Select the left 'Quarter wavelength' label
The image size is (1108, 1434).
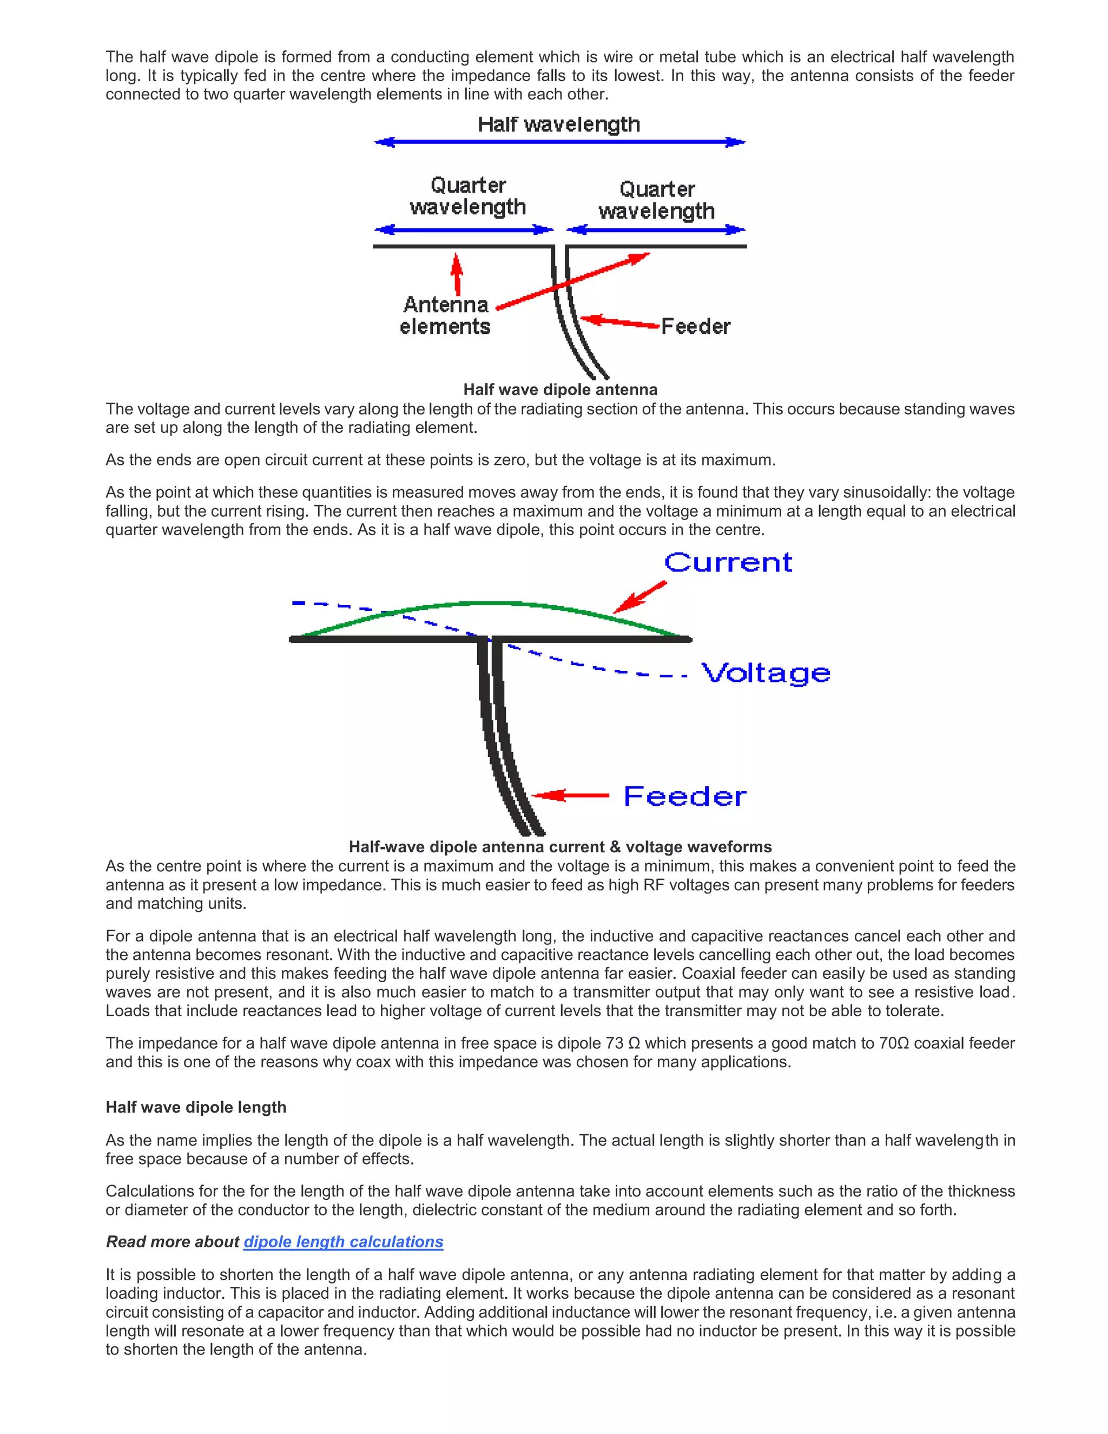click(x=467, y=196)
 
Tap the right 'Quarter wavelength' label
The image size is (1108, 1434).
click(x=656, y=200)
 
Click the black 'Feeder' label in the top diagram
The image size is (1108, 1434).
click(x=695, y=326)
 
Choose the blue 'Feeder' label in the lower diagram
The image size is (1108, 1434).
click(x=684, y=796)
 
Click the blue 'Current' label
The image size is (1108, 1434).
click(x=728, y=563)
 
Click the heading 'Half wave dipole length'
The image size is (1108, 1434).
click(x=196, y=1107)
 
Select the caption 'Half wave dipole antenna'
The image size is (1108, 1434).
click(x=560, y=390)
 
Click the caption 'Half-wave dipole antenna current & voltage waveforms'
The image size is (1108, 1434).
click(x=560, y=846)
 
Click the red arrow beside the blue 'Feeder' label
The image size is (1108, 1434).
click(x=571, y=796)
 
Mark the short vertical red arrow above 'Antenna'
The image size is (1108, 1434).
click(x=457, y=274)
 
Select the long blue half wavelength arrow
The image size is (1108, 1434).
click(x=559, y=142)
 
